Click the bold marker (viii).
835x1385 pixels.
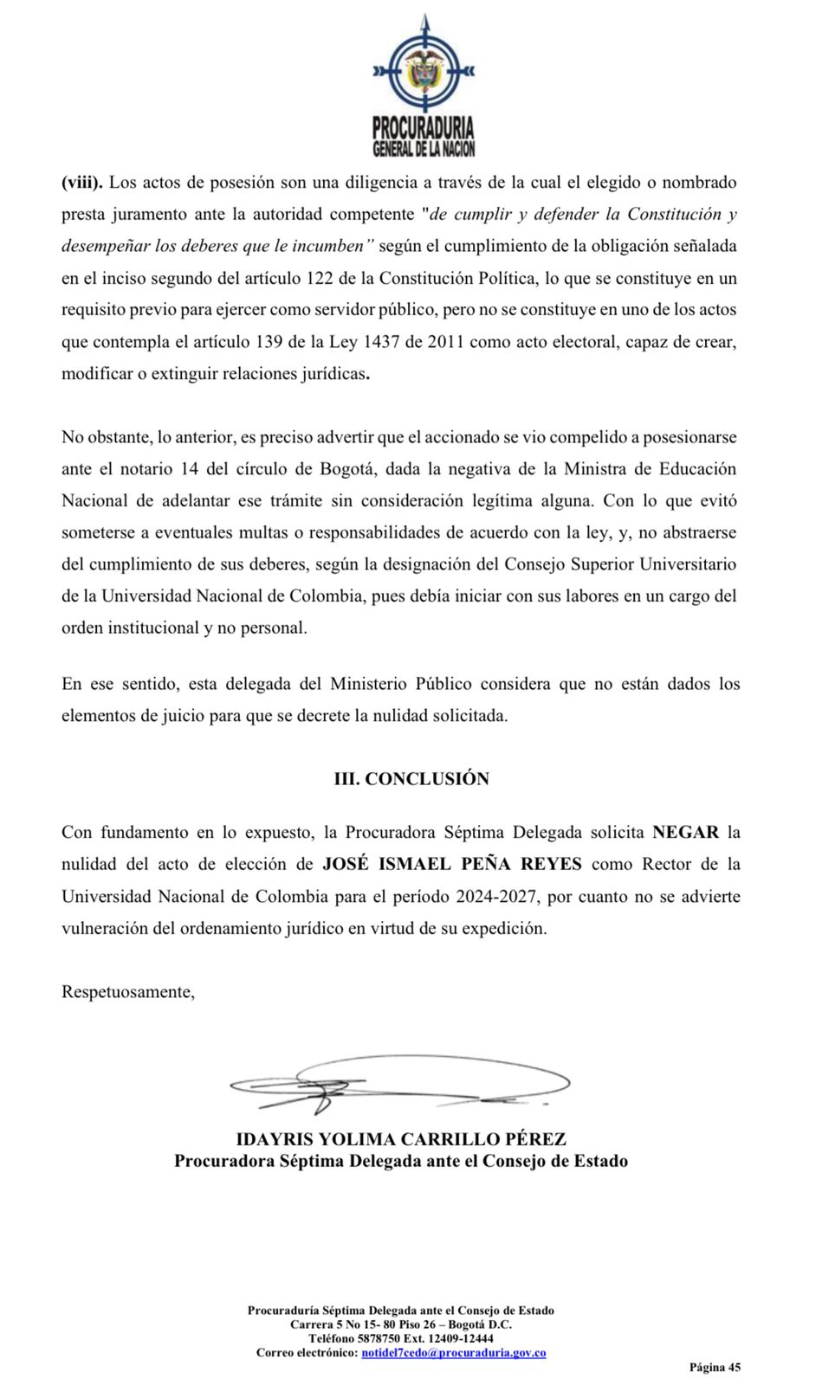point(82,183)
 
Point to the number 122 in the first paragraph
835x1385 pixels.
point(316,278)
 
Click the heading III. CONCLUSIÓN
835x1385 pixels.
point(411,778)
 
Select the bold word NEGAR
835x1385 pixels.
point(685,832)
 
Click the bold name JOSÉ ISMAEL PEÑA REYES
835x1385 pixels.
point(452,864)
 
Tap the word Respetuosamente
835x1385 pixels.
point(127,992)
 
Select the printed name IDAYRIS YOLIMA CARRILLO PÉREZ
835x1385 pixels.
point(401,1139)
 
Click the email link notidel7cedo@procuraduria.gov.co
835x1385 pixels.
point(453,1352)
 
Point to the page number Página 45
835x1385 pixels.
point(715,1368)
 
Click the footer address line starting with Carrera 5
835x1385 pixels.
point(401,1324)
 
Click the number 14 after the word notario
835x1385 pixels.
point(190,469)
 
